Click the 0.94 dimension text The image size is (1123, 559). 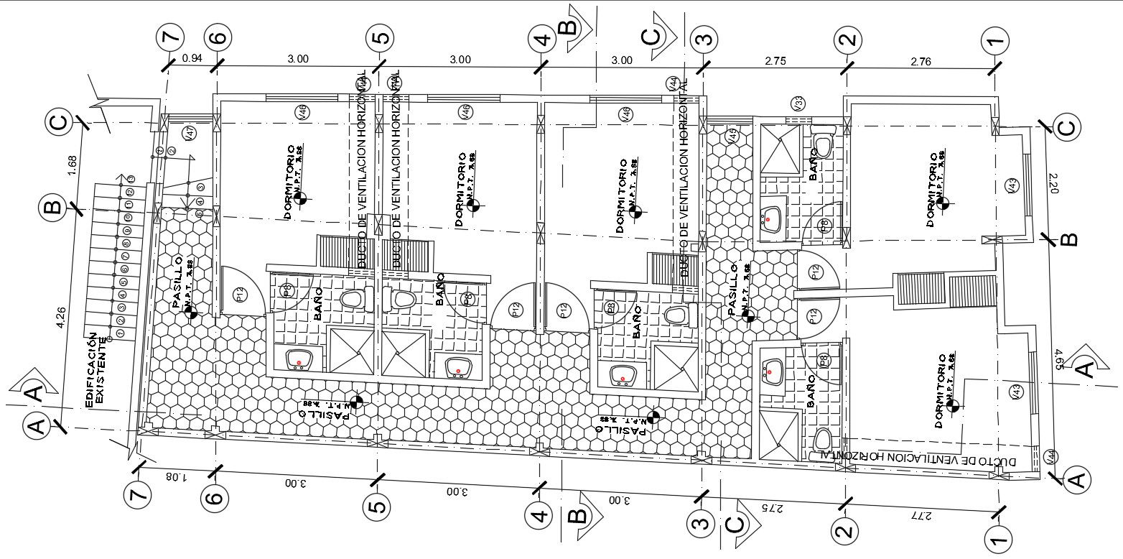tap(191, 59)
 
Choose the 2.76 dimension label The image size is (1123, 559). tap(921, 62)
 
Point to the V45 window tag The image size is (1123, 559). tap(731, 135)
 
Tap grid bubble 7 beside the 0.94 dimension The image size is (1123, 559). tap(172, 37)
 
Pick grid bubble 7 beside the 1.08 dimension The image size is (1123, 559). tap(139, 495)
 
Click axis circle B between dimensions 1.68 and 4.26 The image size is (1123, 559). tap(53, 208)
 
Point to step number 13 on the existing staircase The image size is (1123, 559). tap(131, 178)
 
